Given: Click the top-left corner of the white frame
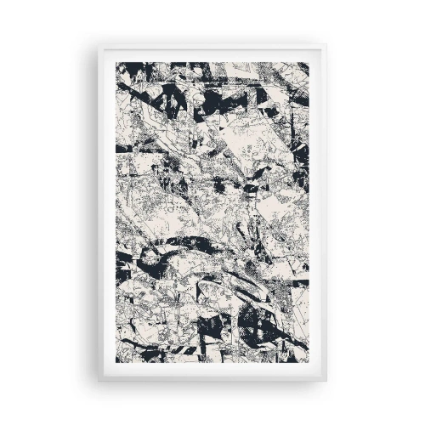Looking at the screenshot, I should click(98, 46).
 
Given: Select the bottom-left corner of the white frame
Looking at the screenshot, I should click(98, 379).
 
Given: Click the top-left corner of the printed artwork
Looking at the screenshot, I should click(116, 63).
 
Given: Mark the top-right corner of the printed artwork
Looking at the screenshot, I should click(309, 63).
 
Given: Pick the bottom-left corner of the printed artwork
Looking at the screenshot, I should click(116, 363).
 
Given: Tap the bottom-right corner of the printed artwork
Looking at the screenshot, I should click(309, 363).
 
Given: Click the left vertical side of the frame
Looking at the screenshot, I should click(106, 212).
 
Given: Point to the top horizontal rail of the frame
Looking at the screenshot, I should click(212, 54).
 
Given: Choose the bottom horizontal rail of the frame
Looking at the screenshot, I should click(212, 371).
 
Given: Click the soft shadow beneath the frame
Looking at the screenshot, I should click(212, 383).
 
